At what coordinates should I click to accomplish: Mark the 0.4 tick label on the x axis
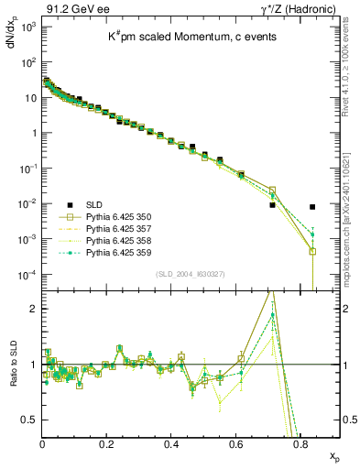171,444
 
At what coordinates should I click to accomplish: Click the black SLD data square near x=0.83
312,207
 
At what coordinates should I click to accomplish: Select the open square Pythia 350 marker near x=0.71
272,191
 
